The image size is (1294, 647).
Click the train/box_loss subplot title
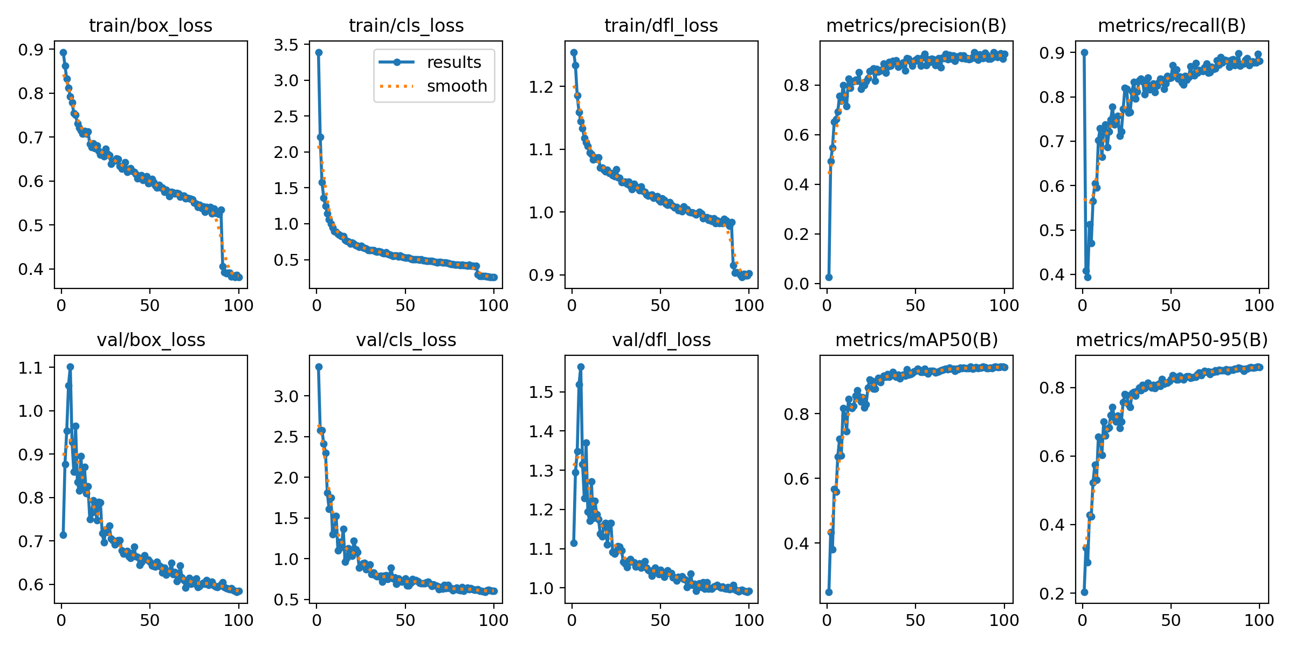point(150,26)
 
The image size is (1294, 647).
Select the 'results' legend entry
point(454,63)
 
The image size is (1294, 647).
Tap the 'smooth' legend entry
point(457,86)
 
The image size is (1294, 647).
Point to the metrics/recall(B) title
point(1172,26)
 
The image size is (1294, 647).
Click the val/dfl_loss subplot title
point(661,340)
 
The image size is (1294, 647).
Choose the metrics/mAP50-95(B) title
point(1172,340)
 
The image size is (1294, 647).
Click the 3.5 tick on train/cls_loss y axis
point(286,45)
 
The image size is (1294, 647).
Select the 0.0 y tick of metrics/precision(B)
point(797,284)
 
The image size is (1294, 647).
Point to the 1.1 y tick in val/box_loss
point(31,368)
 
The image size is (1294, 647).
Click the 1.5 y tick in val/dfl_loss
point(541,392)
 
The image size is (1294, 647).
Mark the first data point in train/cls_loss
point(319,52)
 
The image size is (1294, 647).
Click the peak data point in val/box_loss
point(70,367)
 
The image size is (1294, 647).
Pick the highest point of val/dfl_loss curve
point(581,367)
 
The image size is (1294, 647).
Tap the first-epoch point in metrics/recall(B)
point(1084,52)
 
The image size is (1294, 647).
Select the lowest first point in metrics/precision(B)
point(829,277)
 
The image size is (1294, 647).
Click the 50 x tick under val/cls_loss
point(405,620)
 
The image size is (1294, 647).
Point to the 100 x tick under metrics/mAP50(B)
point(1004,620)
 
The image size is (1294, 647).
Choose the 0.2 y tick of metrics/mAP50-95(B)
point(1052,593)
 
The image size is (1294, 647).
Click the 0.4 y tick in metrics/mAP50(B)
point(797,543)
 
